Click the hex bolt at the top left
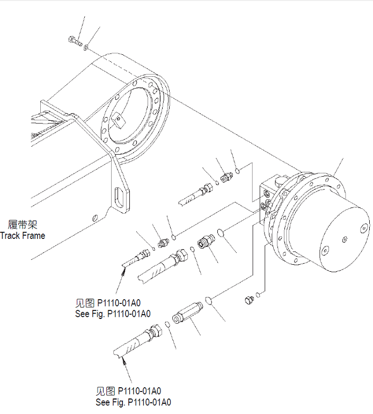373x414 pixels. tap(75, 40)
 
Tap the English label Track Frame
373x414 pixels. tap(23, 235)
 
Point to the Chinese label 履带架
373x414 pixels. tap(23, 225)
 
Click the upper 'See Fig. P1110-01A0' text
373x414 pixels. tap(113, 314)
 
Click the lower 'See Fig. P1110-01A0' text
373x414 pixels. tap(133, 402)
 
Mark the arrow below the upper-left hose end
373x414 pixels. tap(121, 279)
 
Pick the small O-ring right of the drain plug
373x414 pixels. tap(259, 294)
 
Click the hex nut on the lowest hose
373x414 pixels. tap(156, 330)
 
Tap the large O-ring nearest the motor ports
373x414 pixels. tap(221, 233)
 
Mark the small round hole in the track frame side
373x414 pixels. tap(94, 218)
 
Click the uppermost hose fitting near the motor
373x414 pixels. tap(226, 176)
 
